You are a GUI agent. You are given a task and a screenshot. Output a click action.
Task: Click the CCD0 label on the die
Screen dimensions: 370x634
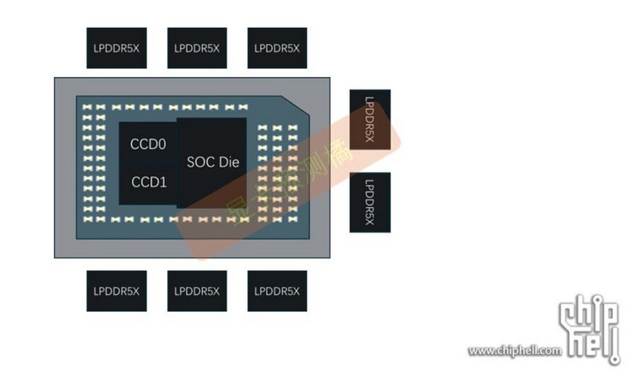tap(149, 145)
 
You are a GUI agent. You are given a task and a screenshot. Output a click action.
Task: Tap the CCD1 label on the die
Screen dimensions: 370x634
tap(149, 181)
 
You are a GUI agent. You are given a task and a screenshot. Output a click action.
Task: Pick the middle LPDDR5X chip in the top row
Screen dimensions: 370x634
tap(196, 48)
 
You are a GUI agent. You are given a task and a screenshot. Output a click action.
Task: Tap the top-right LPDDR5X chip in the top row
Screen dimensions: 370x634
tap(276, 48)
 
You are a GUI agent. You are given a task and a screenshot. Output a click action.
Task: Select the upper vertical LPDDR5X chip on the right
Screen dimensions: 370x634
tap(369, 119)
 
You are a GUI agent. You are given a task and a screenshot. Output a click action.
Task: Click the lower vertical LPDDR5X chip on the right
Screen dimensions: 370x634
tap(369, 202)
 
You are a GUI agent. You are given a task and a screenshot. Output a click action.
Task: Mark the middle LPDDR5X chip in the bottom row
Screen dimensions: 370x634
tap(196, 292)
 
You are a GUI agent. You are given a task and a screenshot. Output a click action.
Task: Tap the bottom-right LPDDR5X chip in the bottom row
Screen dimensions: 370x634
tap(276, 292)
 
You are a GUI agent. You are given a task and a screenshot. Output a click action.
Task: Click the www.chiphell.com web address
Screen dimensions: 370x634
tap(514, 351)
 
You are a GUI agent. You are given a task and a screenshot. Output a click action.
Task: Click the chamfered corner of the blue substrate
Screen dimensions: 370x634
tap(295, 108)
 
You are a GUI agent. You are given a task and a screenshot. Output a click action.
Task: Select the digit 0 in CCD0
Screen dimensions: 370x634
tap(163, 145)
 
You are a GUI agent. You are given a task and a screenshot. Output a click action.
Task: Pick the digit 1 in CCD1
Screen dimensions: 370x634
tap(163, 181)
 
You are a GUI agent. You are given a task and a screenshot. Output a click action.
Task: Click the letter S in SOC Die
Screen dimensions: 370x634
tap(189, 162)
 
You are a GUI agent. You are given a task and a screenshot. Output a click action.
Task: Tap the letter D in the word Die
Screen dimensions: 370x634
tap(224, 162)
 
